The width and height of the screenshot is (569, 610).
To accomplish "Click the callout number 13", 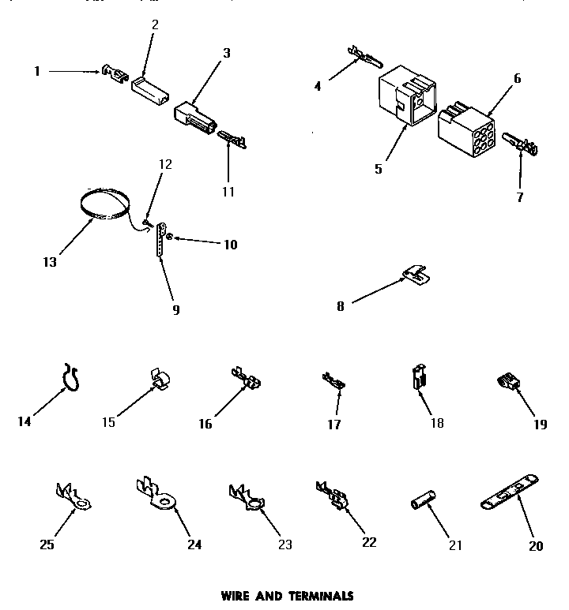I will click(50, 263).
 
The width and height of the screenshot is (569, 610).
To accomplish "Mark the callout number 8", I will click(341, 306).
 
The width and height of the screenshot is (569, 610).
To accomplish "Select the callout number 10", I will click(229, 245).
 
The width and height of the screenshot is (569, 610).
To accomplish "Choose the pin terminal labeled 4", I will click(364, 57).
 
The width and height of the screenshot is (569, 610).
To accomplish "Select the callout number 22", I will click(368, 542).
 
